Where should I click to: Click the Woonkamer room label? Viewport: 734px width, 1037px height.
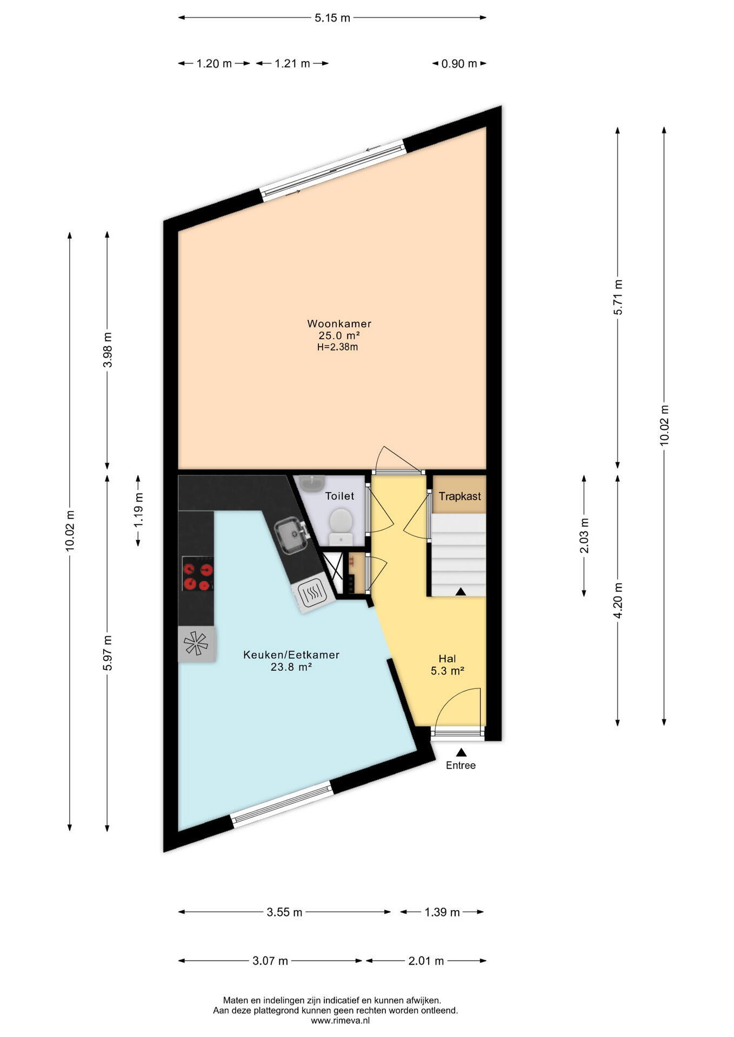click(x=339, y=324)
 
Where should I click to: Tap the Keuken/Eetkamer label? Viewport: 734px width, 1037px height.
click(x=291, y=655)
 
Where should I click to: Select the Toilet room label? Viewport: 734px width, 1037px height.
click(x=339, y=496)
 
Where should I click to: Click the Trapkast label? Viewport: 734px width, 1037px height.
click(x=459, y=496)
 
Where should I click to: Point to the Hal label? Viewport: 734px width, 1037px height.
click(x=447, y=659)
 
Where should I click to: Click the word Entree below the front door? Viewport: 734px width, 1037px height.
click(x=461, y=765)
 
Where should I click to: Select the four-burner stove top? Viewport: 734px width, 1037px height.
click(x=198, y=576)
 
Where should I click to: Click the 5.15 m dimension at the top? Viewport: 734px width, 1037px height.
click(x=332, y=18)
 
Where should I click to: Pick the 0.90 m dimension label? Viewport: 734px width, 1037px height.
click(x=459, y=64)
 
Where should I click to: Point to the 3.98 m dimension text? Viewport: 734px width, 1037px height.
click(x=108, y=350)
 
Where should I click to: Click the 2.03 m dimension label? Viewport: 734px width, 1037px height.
click(x=584, y=536)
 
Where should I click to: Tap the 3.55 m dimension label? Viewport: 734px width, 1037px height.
click(x=284, y=912)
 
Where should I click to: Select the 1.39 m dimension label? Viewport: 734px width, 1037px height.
click(x=442, y=912)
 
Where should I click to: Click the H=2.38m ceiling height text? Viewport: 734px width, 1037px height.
click(x=337, y=347)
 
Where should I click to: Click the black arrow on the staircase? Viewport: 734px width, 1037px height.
click(x=461, y=591)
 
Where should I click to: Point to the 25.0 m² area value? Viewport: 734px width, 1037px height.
click(x=339, y=336)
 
